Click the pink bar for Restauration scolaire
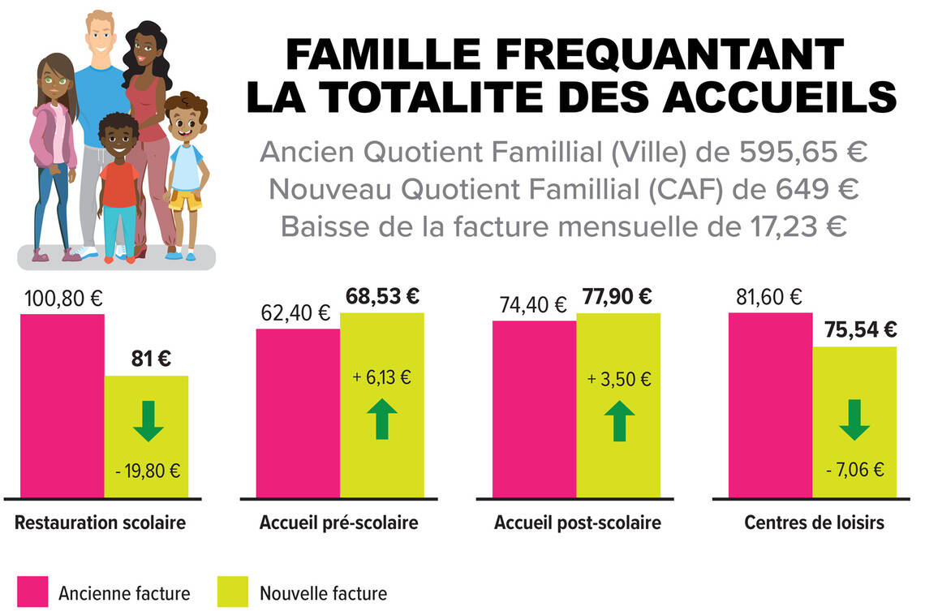(x=62, y=406)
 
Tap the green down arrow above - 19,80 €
(x=148, y=420)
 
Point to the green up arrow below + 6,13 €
(x=382, y=420)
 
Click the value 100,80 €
(x=62, y=299)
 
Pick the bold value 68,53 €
(x=384, y=297)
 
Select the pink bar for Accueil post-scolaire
(x=535, y=410)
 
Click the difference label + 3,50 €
(x=619, y=378)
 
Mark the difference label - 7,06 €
(x=854, y=469)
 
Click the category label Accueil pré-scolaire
(x=339, y=523)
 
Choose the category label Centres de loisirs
(x=814, y=523)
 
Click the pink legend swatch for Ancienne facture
(x=32, y=592)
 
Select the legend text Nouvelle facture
(x=323, y=593)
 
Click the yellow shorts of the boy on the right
(x=186, y=200)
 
